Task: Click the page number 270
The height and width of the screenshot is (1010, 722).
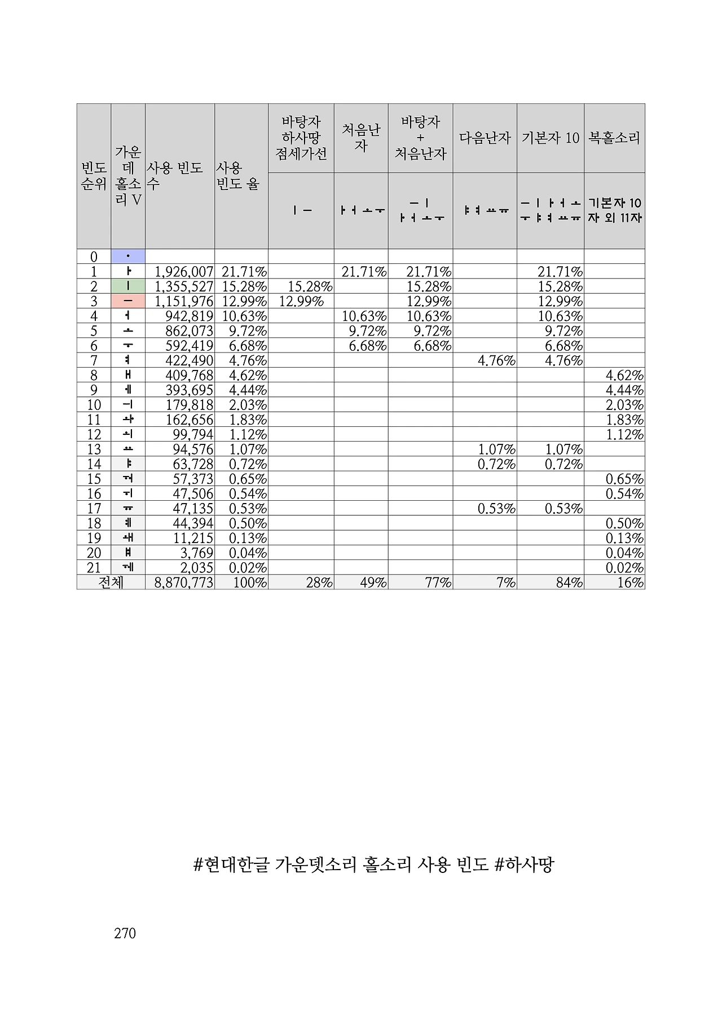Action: click(x=125, y=933)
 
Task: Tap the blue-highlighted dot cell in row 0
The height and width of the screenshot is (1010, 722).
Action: click(x=128, y=257)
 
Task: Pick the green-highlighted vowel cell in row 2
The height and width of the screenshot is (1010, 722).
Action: click(x=128, y=286)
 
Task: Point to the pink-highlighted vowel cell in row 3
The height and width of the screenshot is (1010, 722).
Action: click(x=128, y=301)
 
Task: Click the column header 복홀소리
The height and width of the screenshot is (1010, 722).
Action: click(x=614, y=138)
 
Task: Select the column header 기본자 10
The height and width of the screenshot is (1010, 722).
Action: click(x=550, y=138)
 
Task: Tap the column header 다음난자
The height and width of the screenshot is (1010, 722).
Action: click(x=485, y=138)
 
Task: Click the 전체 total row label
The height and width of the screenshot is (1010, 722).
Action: click(x=111, y=583)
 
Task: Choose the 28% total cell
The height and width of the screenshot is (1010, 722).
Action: click(x=319, y=583)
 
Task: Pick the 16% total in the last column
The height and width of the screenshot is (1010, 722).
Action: click(x=630, y=583)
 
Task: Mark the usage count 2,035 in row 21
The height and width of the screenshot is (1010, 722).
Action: click(x=193, y=568)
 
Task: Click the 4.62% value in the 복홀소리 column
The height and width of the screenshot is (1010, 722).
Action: click(x=624, y=376)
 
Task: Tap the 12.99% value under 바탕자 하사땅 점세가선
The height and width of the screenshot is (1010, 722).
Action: click(x=301, y=301)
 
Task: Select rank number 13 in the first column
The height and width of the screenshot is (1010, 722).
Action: click(x=94, y=449)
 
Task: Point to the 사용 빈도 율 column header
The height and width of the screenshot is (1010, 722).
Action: click(x=237, y=176)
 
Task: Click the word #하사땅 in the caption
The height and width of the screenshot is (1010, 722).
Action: click(x=524, y=865)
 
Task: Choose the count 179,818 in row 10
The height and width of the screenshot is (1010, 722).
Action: click(x=190, y=405)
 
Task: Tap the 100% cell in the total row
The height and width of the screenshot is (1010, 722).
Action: click(x=250, y=583)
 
